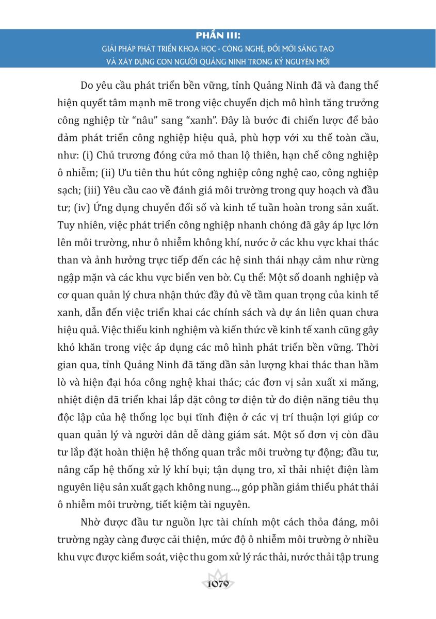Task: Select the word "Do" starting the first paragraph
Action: tap(88, 86)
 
